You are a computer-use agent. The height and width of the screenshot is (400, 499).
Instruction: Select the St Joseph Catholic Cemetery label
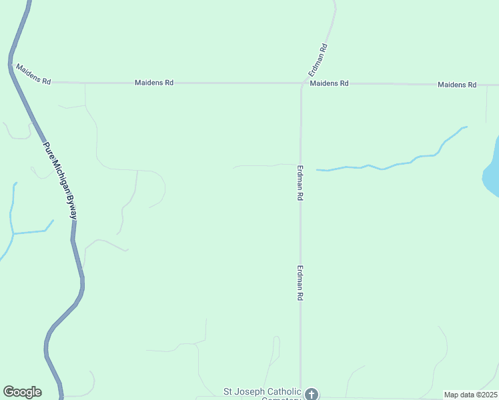(x=263, y=392)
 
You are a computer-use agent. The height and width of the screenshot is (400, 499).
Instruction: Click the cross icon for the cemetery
(x=311, y=394)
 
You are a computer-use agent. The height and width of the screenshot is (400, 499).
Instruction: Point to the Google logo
(x=22, y=392)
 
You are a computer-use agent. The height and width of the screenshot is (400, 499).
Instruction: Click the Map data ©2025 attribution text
(x=470, y=395)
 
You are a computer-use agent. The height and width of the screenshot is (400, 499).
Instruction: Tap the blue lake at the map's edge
(x=492, y=171)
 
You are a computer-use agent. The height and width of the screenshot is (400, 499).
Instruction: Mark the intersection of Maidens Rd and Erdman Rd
(x=302, y=83)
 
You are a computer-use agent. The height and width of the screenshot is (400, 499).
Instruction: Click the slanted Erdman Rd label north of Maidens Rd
(x=318, y=59)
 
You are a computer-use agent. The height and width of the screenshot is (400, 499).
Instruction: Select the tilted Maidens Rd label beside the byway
(x=33, y=74)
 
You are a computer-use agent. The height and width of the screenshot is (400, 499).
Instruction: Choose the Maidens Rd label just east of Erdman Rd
(x=330, y=83)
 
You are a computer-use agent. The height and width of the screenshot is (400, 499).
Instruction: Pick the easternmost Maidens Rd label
(x=457, y=85)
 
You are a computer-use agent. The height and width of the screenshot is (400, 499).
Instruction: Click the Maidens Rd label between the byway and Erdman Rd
(x=154, y=83)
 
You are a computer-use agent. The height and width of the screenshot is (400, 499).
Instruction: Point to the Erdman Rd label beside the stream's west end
(x=300, y=183)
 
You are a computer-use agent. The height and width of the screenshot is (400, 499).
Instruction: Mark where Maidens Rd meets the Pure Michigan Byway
(x=11, y=63)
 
